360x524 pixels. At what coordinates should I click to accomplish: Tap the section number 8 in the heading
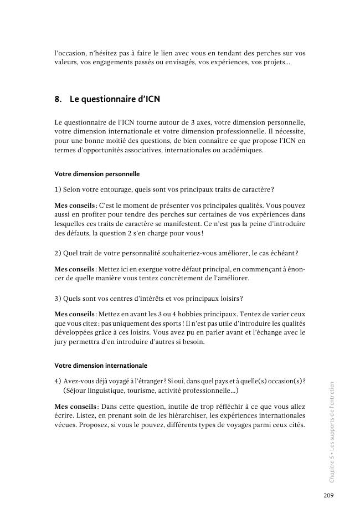coord(58,100)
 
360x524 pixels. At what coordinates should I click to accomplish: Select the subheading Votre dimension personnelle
coord(97,174)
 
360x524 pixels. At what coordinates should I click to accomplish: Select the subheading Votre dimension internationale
coord(101,366)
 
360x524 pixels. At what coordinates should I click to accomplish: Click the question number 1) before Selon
coord(58,190)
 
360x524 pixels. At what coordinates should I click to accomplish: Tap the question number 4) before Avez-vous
coord(58,381)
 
